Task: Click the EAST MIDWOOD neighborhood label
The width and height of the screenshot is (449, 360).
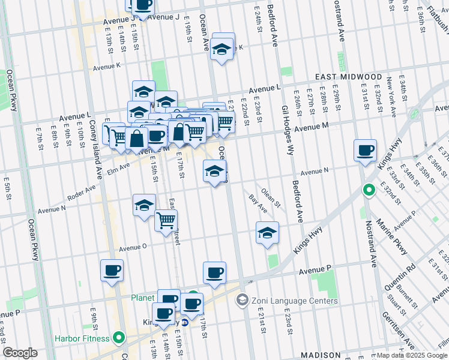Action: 349,77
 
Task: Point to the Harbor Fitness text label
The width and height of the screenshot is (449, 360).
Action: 81,338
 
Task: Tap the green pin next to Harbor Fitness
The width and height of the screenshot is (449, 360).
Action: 119,337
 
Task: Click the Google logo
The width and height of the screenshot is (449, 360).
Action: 20,353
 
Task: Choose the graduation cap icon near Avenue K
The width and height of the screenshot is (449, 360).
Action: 222,51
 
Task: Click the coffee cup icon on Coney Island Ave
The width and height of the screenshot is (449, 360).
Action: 112,271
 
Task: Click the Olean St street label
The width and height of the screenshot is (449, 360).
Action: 271,199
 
